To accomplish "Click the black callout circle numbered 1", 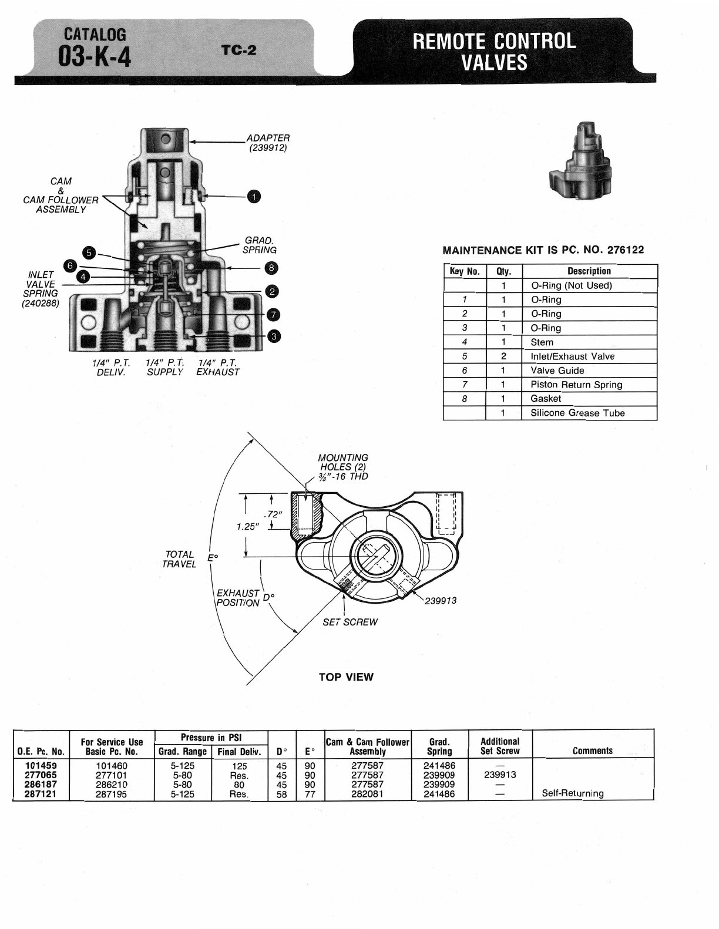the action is (x=254, y=197).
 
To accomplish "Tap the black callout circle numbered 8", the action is (x=271, y=268).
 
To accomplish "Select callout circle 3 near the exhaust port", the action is (x=274, y=336).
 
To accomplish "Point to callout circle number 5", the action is (x=89, y=253).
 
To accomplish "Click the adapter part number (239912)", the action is (x=268, y=148).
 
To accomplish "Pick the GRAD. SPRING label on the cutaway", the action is (x=260, y=245).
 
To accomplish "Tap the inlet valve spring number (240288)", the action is (x=41, y=304).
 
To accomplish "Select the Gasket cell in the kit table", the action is (x=546, y=399).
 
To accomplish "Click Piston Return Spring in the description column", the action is (x=576, y=384).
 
